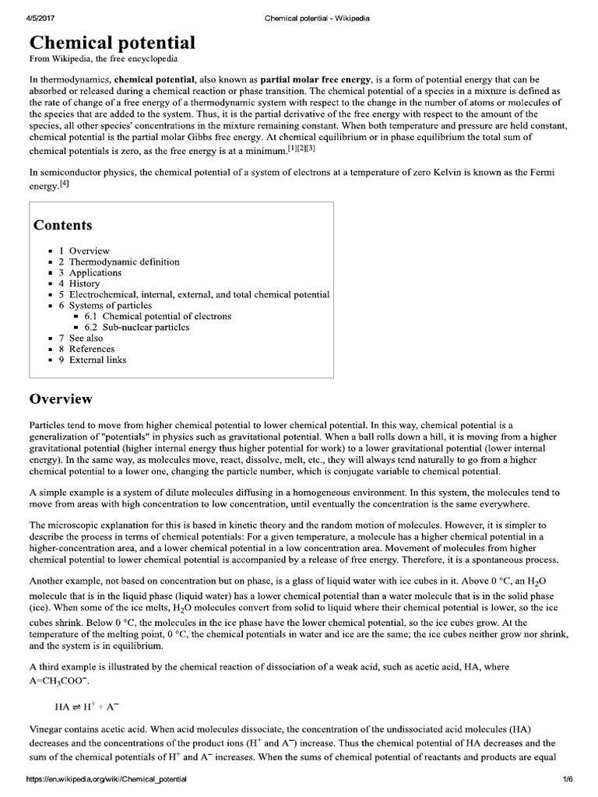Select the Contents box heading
pos(62,226)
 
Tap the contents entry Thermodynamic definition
pos(124,262)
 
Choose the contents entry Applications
pos(95,273)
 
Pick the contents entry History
pos(84,284)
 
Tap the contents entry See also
pos(86,339)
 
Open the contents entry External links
pos(97,360)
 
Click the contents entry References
pos(91,349)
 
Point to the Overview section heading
pos(61,399)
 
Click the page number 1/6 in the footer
pos(568,778)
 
